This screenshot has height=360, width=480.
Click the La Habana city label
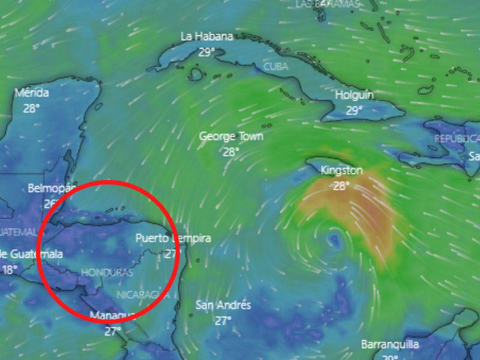coord(206,37)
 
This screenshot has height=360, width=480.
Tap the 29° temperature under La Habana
coord(206,52)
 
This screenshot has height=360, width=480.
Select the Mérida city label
coord(32,93)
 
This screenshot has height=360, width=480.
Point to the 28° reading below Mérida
coord(32,109)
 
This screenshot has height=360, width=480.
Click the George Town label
coord(231,136)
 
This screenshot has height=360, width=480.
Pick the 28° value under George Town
coord(231,152)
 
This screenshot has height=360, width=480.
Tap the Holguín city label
coord(354,95)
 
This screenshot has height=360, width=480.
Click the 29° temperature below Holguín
coord(354,110)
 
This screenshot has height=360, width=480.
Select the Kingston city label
coord(341,170)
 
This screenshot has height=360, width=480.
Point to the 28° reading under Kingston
coord(341,186)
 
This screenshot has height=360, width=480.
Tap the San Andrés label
coord(223,305)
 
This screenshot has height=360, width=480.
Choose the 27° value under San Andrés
coord(223,321)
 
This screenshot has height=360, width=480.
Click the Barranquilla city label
coord(390,344)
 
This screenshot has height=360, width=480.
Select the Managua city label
coord(112,316)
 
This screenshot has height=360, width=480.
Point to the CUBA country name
coord(275,66)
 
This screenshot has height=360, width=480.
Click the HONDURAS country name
coord(107,272)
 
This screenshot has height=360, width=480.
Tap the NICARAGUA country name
coord(142,294)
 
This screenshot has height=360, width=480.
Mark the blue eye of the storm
coord(334,241)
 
